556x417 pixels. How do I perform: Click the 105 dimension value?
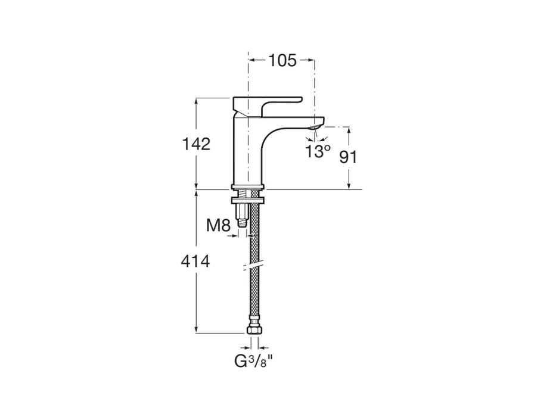pyautogui.click(x=282, y=60)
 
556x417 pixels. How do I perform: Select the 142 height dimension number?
pyautogui.click(x=196, y=144)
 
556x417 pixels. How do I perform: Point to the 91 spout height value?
pyautogui.click(x=348, y=157)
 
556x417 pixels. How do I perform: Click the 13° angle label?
pyautogui.click(x=318, y=151)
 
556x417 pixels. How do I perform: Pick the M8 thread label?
pyautogui.click(x=218, y=225)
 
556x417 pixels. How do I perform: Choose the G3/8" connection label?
pyautogui.click(x=257, y=361)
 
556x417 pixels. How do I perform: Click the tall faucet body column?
pyautogui.click(x=246, y=152)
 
